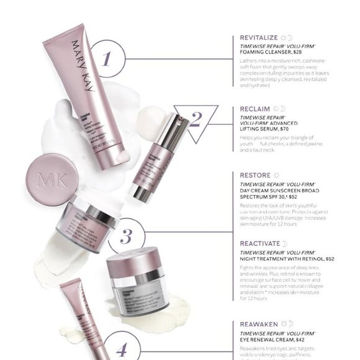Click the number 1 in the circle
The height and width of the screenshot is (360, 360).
[106, 59]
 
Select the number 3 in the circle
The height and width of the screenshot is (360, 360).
[125, 237]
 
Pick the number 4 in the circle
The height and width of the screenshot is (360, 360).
[122, 348]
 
